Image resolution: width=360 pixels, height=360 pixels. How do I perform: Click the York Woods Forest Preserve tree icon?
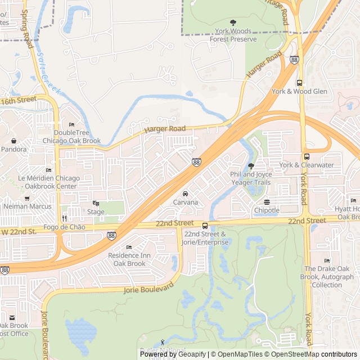(233, 22)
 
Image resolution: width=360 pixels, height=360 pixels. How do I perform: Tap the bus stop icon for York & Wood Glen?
(299, 83)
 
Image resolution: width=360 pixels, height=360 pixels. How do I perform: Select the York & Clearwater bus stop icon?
(307, 157)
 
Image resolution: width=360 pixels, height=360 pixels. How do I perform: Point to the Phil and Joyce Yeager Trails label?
(251, 178)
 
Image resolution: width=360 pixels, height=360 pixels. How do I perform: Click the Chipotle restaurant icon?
(267, 202)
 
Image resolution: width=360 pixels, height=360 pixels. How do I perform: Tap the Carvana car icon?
(185, 194)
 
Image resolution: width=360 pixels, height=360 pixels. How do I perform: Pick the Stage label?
(96, 212)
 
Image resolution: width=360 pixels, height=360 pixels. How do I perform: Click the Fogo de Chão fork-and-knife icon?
(64, 218)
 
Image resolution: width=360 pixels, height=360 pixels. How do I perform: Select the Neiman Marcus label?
(27, 206)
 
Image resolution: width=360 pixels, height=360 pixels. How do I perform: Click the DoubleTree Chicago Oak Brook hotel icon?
(71, 124)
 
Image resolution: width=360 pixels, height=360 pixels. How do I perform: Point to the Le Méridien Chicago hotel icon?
(48, 170)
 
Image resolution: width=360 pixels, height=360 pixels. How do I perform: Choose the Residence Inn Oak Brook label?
(129, 259)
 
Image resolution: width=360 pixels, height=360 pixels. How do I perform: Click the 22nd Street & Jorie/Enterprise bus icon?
(205, 226)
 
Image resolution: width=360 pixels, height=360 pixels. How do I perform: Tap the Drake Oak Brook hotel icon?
(327, 260)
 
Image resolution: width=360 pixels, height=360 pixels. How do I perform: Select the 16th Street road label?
(18, 101)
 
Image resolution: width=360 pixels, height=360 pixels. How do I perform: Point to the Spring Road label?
(26, 28)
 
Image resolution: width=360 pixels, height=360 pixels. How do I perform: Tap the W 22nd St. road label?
(18, 231)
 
